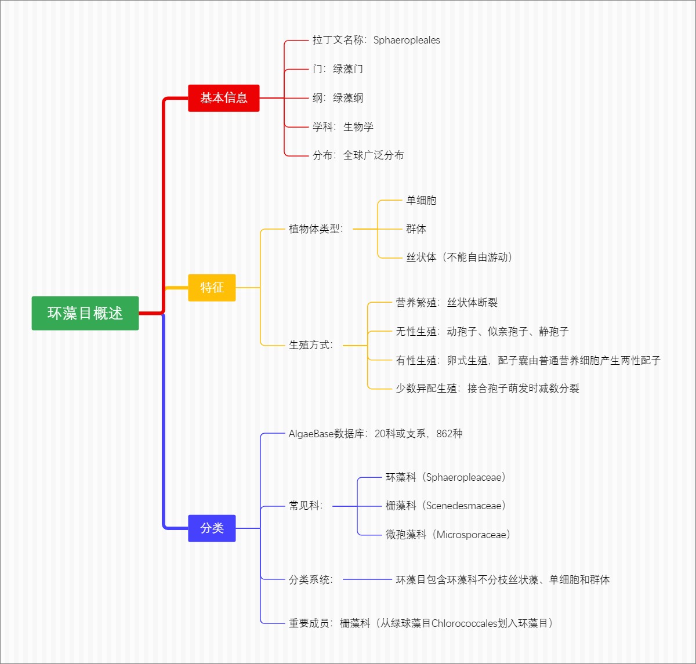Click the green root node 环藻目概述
tap(85, 313)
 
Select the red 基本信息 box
tap(223, 98)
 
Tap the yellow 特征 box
tap(212, 288)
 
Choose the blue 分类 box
tap(212, 528)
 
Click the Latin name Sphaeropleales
tap(407, 40)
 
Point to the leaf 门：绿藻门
tap(338, 69)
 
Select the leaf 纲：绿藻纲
tap(338, 98)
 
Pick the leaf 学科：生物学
tap(343, 126)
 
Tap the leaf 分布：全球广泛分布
tap(358, 155)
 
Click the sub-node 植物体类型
tap(316, 229)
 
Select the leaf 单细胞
tap(421, 201)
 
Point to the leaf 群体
tap(416, 229)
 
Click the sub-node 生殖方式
tap(310, 345)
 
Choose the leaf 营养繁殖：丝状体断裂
tap(447, 303)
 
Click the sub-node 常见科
tap(306, 506)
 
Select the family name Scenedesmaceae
tap(463, 506)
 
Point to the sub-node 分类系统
tap(310, 579)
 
